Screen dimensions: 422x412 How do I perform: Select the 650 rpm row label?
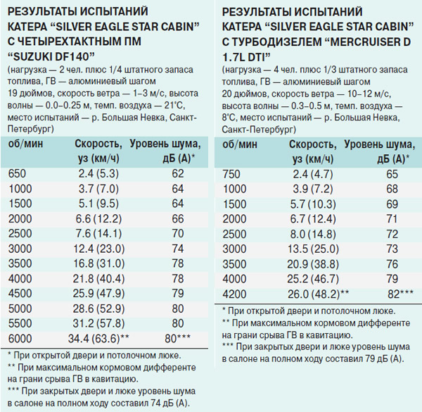tap(17, 173)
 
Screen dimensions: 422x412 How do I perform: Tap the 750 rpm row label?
tap(231, 174)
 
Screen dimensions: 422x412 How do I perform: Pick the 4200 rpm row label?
tap(234, 294)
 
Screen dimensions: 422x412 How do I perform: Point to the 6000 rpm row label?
tap(20, 338)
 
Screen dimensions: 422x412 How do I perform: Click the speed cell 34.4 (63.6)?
tap(94, 339)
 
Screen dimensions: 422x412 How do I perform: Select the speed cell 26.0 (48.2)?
tap(314, 294)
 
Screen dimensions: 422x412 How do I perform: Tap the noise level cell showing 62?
tap(178, 173)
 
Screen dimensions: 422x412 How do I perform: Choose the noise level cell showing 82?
tap(394, 294)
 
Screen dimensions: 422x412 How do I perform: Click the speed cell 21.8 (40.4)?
tap(98, 278)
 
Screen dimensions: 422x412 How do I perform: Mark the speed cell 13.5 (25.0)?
tap(313, 249)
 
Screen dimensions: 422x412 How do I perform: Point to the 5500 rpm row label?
tap(20, 323)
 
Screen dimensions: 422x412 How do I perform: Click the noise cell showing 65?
tap(392, 174)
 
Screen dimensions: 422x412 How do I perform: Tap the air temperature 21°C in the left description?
tap(174, 105)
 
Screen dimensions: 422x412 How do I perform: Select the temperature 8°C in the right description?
tap(229, 118)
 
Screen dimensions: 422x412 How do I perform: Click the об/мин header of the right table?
tap(240, 144)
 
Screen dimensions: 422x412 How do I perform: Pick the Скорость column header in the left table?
tap(98, 144)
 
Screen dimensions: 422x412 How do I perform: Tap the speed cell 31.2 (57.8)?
tap(98, 323)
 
